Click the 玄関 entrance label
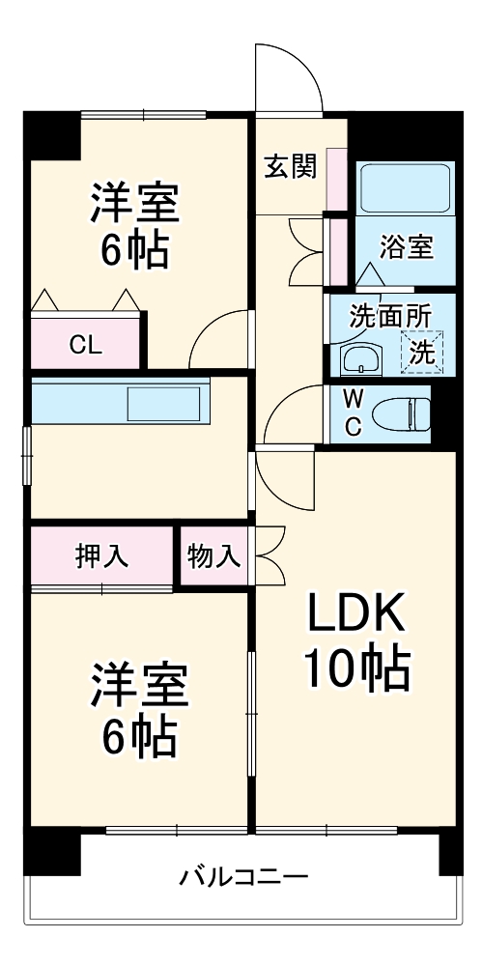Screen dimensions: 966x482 point(290,167)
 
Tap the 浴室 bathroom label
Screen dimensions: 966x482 point(406,246)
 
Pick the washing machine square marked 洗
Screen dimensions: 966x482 point(422,352)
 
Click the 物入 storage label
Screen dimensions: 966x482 point(213,556)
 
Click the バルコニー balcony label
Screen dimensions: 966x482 point(243,878)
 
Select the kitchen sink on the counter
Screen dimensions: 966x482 point(167,403)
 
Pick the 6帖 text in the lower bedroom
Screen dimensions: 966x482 point(139,739)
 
